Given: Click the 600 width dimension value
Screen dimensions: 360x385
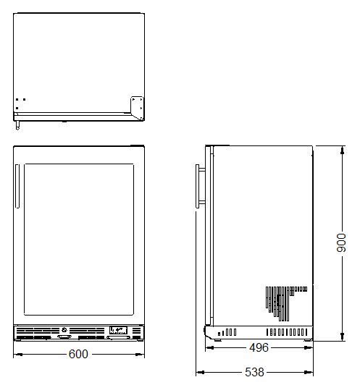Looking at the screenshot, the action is (x=78, y=354).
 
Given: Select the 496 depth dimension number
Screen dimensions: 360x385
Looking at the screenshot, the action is (x=259, y=347).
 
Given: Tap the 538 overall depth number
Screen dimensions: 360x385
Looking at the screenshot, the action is (x=254, y=372).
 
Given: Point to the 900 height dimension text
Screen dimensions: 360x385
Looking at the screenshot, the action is (x=341, y=242).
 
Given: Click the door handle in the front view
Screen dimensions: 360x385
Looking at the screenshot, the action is (x=17, y=186).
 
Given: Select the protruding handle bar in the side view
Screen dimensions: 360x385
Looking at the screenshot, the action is (x=197, y=187).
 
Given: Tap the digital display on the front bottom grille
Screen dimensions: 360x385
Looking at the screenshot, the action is (x=118, y=330).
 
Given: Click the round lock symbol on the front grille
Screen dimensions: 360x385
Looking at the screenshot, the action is (x=64, y=330).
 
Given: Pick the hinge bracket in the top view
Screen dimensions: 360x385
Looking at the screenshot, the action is (x=137, y=108).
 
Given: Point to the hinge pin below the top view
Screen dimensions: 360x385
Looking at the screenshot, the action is (x=17, y=125).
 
